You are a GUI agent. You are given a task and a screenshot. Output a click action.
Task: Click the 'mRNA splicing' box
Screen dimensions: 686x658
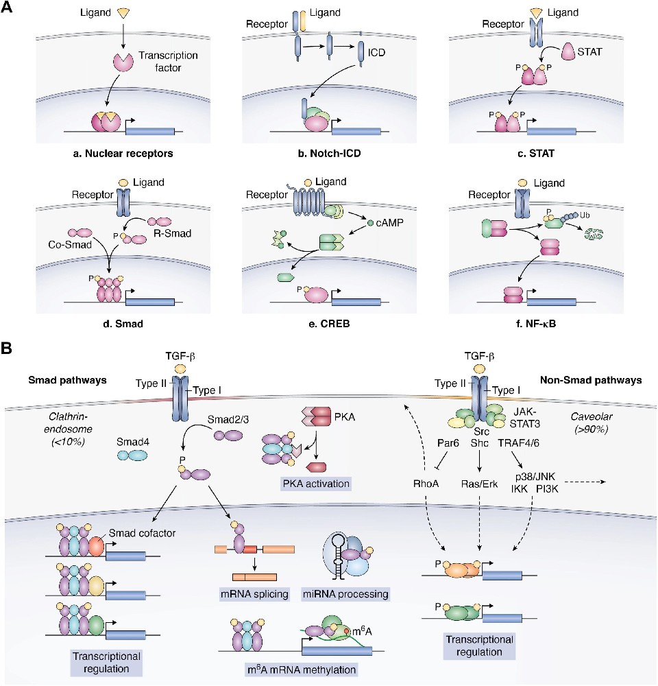tap(253, 592)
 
